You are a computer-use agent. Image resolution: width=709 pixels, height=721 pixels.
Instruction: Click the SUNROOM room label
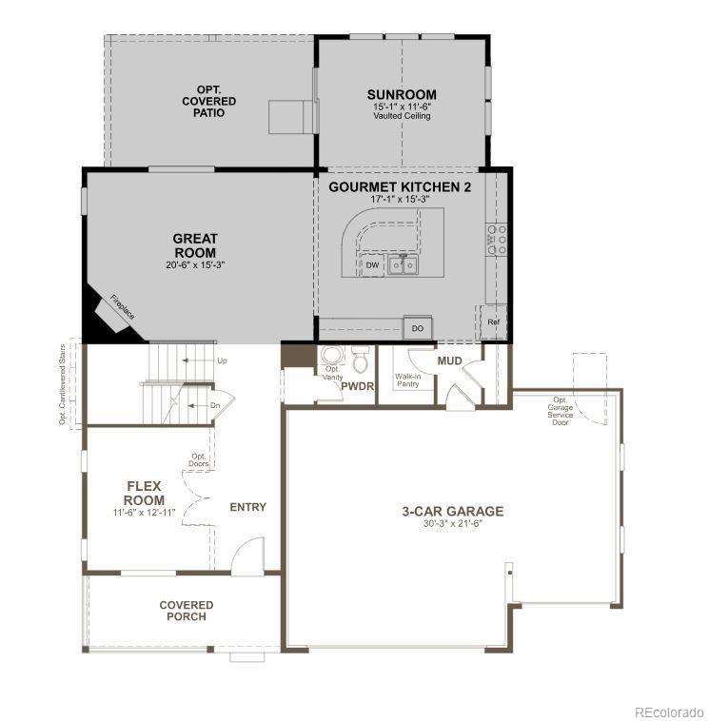402,95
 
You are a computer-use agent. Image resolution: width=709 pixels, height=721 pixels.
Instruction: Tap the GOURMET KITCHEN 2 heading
400,187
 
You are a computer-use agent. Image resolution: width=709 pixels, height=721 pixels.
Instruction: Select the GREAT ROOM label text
195,245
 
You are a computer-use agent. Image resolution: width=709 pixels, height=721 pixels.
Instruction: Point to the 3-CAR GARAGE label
452,511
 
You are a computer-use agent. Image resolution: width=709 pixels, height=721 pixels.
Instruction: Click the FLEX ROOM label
145,493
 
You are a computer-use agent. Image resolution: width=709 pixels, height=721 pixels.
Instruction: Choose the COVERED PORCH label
186,611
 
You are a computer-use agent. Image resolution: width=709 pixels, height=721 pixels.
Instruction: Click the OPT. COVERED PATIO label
209,101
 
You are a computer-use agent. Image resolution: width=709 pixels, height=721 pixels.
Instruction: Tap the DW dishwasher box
373,265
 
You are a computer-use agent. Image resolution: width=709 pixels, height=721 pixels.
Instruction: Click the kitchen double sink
404,264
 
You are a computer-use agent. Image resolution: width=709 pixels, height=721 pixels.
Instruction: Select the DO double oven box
417,328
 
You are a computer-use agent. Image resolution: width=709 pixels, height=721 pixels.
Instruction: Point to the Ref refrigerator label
493,322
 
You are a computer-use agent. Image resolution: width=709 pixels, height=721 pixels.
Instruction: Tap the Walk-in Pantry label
408,381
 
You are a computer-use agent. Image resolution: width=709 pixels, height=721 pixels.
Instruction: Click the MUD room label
449,361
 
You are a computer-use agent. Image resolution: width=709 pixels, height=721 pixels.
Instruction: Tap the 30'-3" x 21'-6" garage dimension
452,524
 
